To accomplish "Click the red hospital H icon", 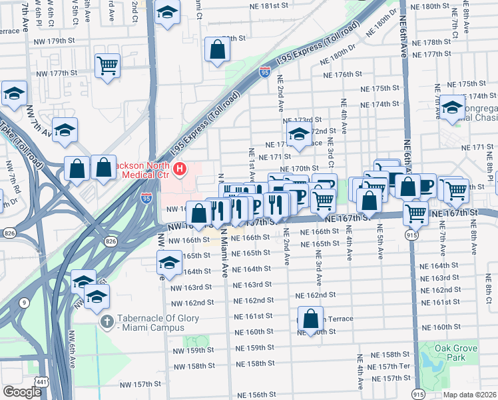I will pyautogui.click(x=179, y=171).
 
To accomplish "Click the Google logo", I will pyautogui.click(x=22, y=392).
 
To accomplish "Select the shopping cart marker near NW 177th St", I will pyautogui.click(x=107, y=67).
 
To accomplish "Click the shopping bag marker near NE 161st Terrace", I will pyautogui.click(x=310, y=319).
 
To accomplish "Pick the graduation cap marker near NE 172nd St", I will pyautogui.click(x=299, y=135).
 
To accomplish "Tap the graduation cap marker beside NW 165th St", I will pyautogui.click(x=169, y=263).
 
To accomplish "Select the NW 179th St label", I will pyautogui.click(x=54, y=41).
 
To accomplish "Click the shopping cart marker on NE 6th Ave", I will pyautogui.click(x=416, y=213).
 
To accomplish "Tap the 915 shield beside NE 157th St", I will pyautogui.click(x=419, y=393).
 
